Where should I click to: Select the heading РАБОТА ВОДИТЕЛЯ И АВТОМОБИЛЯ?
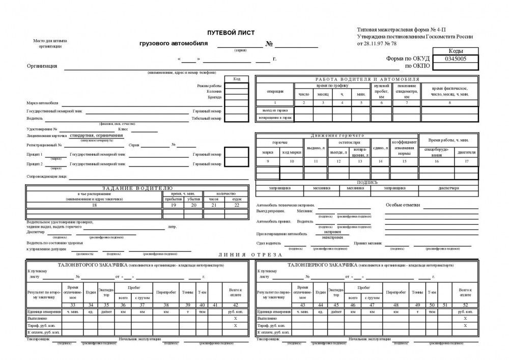click(x=366, y=79)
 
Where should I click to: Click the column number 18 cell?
click(x=94, y=205)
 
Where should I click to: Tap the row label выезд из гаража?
click(x=275, y=110)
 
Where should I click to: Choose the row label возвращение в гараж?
click(x=275, y=118)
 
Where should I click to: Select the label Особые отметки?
click(x=403, y=205)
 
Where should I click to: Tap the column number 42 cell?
click(x=235, y=304)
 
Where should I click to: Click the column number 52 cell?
click(x=465, y=304)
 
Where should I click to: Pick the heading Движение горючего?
click(x=337, y=135)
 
